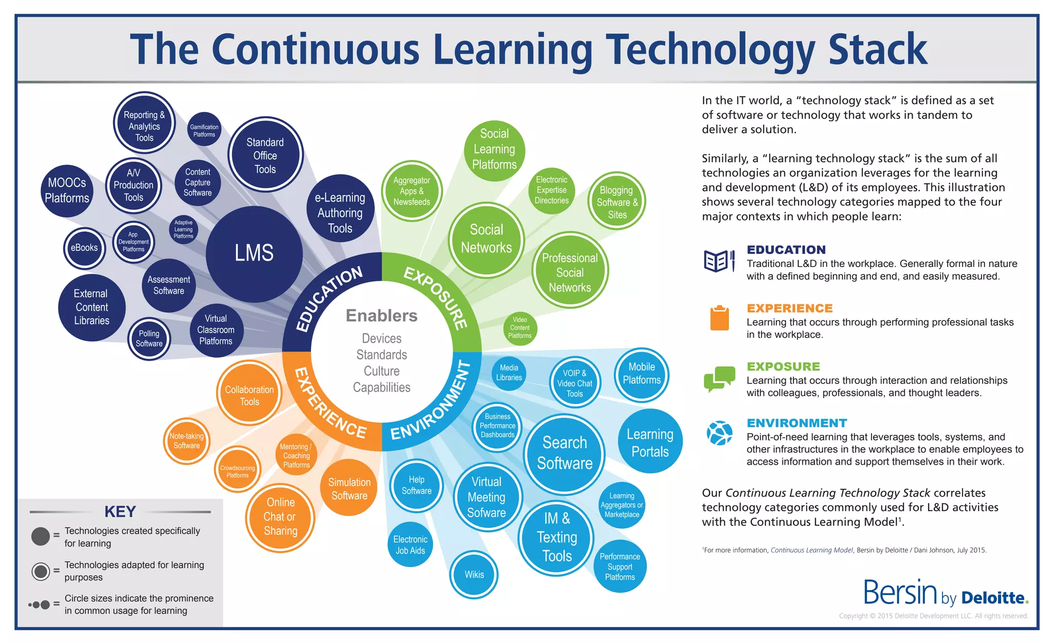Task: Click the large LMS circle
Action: tap(254, 253)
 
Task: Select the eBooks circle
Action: tap(84, 248)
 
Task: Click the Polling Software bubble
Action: tap(149, 339)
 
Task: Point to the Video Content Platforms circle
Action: tap(520, 328)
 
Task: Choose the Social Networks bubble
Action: tap(486, 239)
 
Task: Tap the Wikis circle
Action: tap(474, 575)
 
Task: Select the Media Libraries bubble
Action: tap(509, 373)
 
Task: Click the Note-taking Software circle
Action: tap(187, 441)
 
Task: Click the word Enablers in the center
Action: tap(382, 315)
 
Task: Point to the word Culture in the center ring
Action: tap(382, 371)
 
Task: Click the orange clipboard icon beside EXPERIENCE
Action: tap(719, 318)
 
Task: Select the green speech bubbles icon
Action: tap(719, 379)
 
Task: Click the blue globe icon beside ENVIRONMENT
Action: tap(719, 433)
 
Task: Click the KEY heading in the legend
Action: tap(120, 511)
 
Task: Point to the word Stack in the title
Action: tap(878, 49)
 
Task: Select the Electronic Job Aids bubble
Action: tap(410, 545)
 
